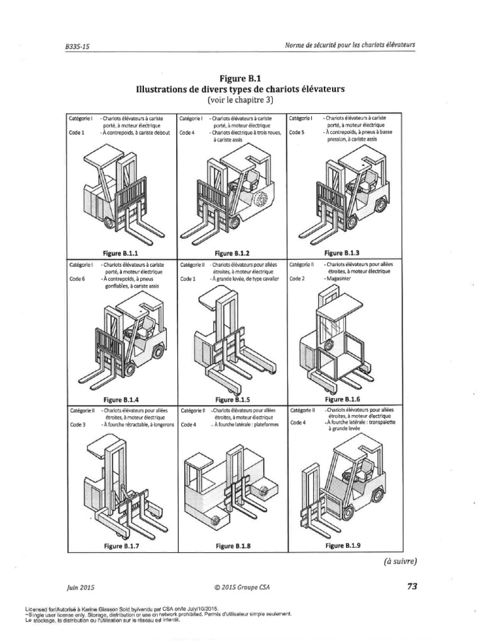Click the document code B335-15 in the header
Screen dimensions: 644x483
(77, 47)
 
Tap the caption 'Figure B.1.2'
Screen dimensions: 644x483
(232, 253)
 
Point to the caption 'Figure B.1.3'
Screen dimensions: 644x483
(341, 253)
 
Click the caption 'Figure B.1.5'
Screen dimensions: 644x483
(232, 399)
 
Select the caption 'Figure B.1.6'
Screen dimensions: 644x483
(343, 399)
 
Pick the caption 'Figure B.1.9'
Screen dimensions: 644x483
(343, 546)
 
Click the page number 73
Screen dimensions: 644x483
(412, 586)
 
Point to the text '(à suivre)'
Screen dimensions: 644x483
(398, 561)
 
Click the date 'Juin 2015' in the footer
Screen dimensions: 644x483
(80, 587)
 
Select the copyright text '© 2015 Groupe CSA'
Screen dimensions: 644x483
(241, 587)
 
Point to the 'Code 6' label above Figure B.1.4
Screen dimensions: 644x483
(77, 279)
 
